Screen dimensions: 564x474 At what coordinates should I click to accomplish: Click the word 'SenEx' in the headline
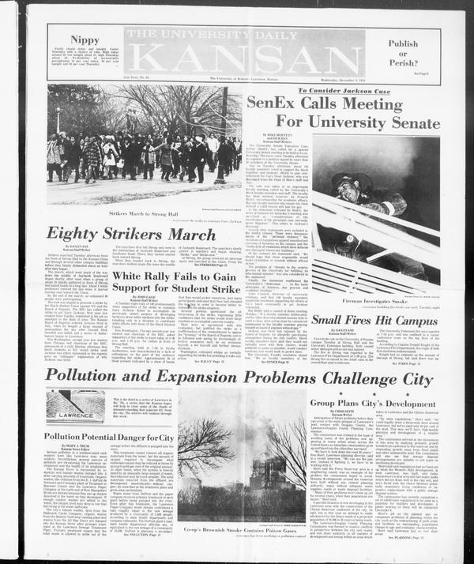point(269,102)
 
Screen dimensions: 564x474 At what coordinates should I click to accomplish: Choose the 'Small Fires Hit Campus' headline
point(375,319)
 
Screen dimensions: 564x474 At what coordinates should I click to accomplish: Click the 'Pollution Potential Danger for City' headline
point(108,436)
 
